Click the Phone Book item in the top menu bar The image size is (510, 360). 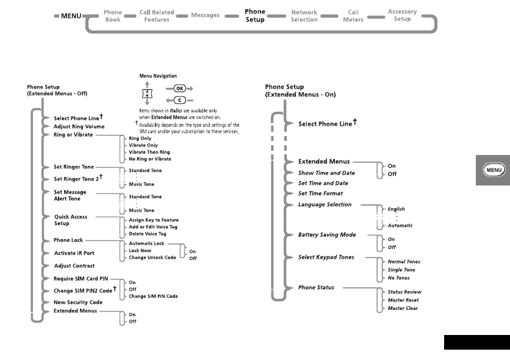coord(113,15)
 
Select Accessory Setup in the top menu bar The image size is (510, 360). coord(402,15)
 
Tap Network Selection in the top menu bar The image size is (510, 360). coord(304,15)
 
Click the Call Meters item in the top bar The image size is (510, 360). coord(353,15)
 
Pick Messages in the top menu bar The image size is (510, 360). coord(205,15)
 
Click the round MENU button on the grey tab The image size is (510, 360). coord(493,170)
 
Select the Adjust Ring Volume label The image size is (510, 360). coord(79,126)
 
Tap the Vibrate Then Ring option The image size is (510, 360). coord(149,152)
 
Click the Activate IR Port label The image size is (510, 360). coord(74,253)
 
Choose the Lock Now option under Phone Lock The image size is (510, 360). coord(140,251)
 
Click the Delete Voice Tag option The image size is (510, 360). coord(148,234)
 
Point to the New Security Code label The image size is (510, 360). coord(78,302)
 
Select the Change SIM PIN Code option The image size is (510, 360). coord(153,296)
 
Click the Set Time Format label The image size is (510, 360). coord(323,193)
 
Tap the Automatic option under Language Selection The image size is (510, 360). coord(400,225)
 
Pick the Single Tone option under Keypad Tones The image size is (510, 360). coord(401,270)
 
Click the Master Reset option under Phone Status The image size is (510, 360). coord(403,300)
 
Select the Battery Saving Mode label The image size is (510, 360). coord(327,235)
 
